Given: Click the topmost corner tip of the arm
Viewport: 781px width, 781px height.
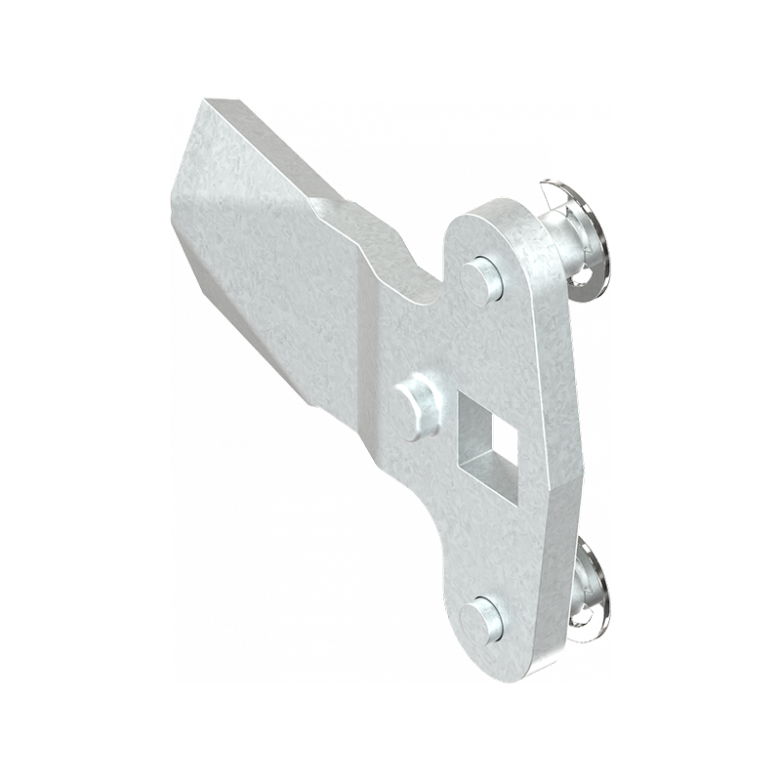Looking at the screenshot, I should (x=206, y=100).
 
